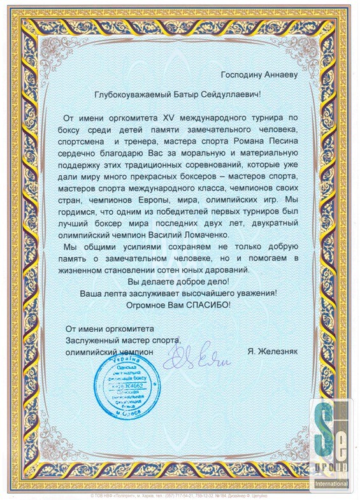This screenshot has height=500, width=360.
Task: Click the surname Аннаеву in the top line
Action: pyautogui.click(x=276, y=75)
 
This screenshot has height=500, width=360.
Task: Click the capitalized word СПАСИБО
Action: pyautogui.click(x=208, y=304)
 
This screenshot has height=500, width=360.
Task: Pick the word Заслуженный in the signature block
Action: pyautogui.click(x=89, y=339)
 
